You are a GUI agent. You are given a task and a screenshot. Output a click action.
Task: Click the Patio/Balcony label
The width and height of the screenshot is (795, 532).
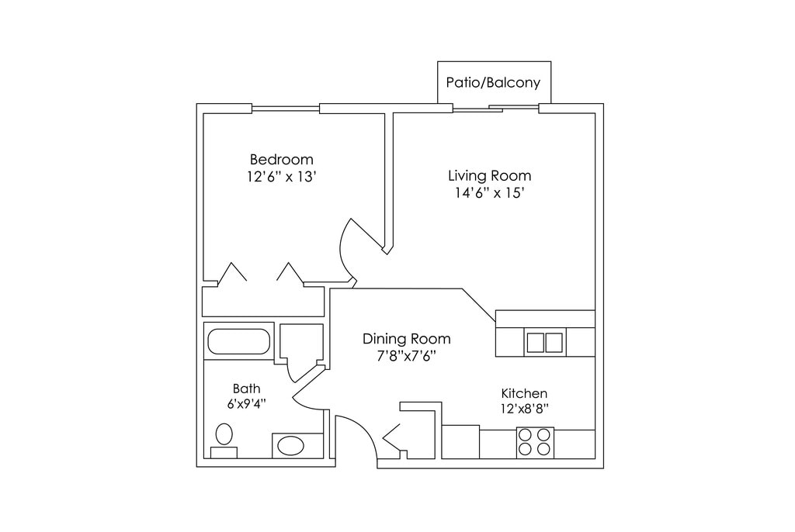tap(493, 82)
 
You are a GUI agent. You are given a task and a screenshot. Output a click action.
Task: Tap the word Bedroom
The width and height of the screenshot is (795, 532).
tap(281, 160)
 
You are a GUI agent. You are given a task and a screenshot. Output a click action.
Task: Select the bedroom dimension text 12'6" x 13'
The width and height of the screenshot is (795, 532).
tap(282, 177)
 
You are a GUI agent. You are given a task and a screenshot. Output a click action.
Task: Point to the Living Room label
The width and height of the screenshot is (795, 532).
tap(490, 176)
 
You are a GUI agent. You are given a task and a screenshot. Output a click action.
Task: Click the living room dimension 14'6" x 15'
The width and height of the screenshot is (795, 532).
tap(489, 193)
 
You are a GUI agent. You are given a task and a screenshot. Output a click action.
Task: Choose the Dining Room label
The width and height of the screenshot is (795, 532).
tap(407, 338)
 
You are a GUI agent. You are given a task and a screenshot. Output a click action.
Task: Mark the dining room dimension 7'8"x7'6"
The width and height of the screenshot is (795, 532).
tap(407, 356)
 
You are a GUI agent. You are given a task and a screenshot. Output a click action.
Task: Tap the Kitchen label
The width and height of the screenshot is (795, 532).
tap(524, 393)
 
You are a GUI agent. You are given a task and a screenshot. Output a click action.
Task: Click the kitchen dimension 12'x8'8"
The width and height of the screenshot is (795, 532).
tap(525, 409)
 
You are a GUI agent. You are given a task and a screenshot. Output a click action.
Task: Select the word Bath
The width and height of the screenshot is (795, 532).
tap(246, 389)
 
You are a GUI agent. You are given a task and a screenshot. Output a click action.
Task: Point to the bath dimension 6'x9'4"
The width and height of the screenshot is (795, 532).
tap(247, 404)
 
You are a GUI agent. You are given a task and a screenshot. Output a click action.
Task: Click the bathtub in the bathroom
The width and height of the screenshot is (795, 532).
tap(239, 341)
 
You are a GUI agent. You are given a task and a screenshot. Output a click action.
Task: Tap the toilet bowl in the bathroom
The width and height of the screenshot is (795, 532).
tap(224, 434)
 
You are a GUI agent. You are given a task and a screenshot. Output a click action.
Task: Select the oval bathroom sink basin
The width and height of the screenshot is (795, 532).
tap(290, 446)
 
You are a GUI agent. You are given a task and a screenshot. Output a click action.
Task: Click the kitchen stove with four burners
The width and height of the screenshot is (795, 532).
tap(535, 442)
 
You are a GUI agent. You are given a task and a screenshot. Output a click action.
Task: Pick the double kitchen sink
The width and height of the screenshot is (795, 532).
tap(544, 343)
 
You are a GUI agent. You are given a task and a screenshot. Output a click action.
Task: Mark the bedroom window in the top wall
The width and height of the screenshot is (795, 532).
tap(286, 109)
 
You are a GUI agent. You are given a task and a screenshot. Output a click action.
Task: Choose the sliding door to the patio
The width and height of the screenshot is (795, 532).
tap(495, 108)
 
